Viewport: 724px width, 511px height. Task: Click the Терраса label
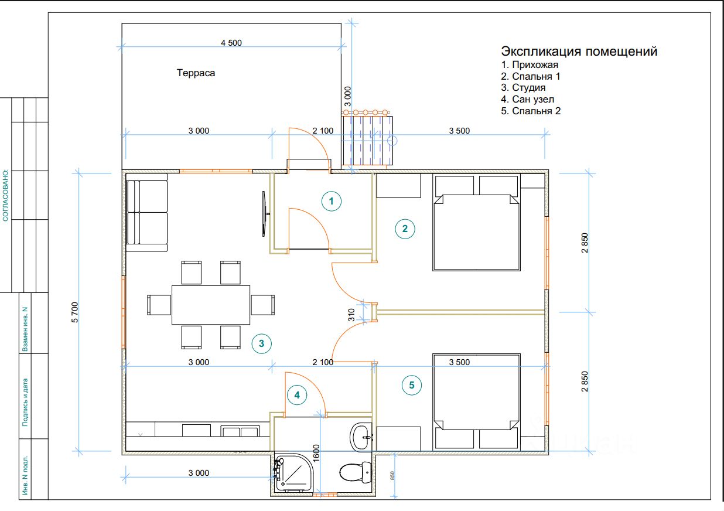(x=196, y=73)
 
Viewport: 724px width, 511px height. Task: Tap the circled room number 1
(x=332, y=201)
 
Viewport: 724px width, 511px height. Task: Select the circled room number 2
(x=405, y=229)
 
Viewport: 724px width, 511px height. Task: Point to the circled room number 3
(x=261, y=343)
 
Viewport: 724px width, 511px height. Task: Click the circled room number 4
(x=297, y=395)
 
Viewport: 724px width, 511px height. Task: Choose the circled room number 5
(x=412, y=385)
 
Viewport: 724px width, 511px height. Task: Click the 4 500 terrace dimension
(x=231, y=43)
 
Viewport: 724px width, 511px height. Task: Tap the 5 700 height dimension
(x=74, y=312)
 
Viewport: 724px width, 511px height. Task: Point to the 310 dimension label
(x=351, y=315)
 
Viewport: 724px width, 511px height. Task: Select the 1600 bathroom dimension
(x=316, y=453)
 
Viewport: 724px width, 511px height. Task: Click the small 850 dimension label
(x=392, y=475)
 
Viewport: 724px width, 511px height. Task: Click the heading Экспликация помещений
(x=579, y=51)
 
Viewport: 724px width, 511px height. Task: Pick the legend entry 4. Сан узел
(x=528, y=99)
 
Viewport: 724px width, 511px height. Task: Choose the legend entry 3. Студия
(x=523, y=88)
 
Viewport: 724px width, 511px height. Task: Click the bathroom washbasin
(x=360, y=437)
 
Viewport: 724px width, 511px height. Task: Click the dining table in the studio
(x=211, y=305)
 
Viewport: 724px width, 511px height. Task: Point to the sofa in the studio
(x=147, y=213)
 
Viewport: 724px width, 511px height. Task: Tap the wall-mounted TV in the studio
(x=265, y=213)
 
